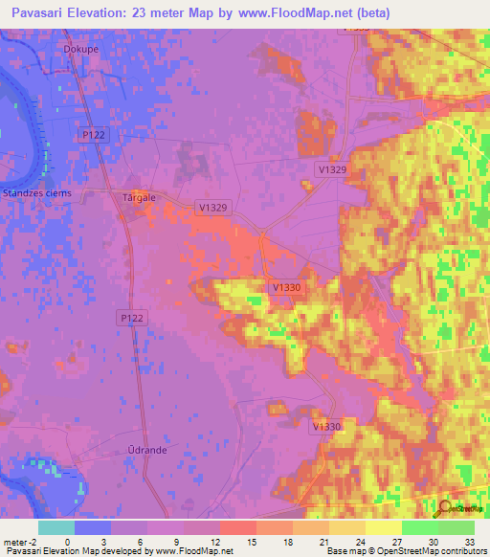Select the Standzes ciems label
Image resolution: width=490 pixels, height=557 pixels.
[x=36, y=192]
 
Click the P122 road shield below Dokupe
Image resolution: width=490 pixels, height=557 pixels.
[x=92, y=136]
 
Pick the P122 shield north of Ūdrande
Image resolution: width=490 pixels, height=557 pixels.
[x=133, y=316]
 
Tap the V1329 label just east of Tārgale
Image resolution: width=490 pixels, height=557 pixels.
[x=212, y=207]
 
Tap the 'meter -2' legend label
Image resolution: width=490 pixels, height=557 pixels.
[x=21, y=541]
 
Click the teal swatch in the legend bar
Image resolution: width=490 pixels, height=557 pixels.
[x=56, y=527]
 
